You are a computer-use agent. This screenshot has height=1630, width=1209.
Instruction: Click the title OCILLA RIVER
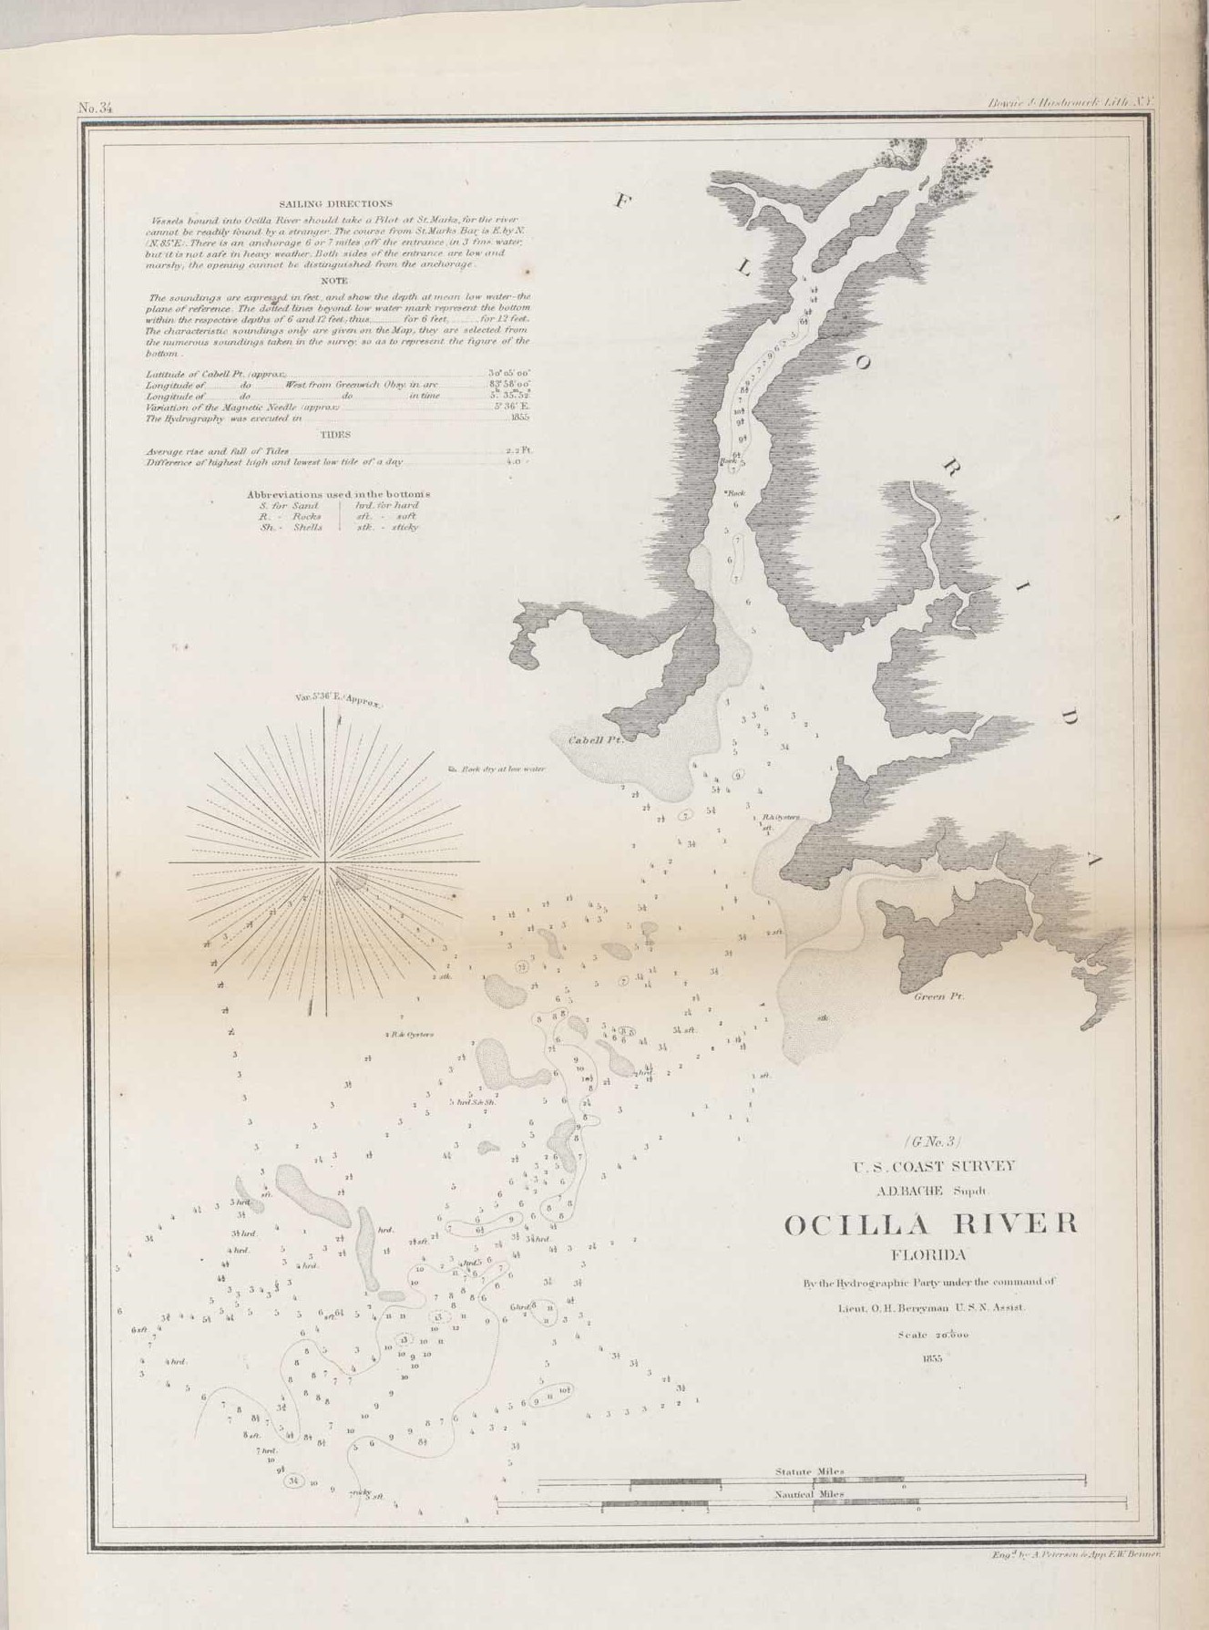click(930, 1224)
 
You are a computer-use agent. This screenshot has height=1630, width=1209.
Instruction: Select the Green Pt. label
click(938, 996)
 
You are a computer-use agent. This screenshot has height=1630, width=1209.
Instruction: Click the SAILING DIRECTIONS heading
click(335, 204)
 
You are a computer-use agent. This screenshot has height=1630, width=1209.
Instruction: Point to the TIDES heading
click(335, 435)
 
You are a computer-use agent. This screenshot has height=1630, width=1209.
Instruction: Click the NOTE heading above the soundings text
click(335, 282)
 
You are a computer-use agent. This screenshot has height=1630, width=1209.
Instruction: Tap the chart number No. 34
click(95, 108)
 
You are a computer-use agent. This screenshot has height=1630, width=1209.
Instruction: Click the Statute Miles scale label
click(809, 1472)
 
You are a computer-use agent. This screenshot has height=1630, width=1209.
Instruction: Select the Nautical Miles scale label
click(809, 1495)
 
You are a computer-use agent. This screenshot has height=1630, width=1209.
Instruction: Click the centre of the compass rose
click(325, 861)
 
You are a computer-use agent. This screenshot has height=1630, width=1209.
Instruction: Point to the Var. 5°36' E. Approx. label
click(339, 700)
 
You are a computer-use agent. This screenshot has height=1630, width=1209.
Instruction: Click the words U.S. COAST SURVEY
click(933, 1166)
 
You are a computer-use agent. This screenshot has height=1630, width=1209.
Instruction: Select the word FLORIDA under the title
click(928, 1254)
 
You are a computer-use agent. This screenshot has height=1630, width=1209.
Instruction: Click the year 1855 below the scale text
click(931, 1357)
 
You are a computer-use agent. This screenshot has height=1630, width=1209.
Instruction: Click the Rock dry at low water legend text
click(497, 769)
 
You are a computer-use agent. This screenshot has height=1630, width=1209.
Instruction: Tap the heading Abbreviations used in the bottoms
click(338, 494)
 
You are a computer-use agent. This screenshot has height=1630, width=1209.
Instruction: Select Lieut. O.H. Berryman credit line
click(931, 1307)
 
